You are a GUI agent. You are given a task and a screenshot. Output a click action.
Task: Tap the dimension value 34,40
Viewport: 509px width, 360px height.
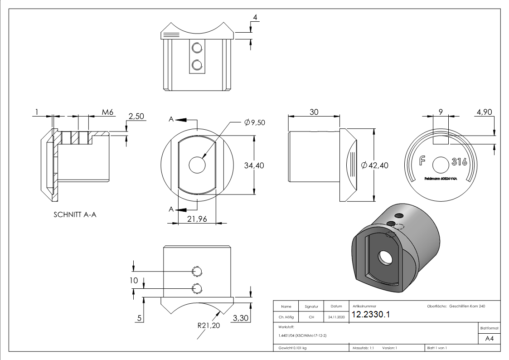pyautogui.click(x=254, y=165)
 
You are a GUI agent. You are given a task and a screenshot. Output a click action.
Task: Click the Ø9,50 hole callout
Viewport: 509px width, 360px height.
pyautogui.click(x=254, y=122)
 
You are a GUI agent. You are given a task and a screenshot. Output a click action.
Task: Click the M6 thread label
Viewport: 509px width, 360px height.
pyautogui.click(x=107, y=112)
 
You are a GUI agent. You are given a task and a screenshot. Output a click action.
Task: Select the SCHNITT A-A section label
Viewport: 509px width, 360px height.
pyautogui.click(x=75, y=215)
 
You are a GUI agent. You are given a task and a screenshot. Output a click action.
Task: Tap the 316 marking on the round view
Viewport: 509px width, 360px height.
pyautogui.click(x=459, y=162)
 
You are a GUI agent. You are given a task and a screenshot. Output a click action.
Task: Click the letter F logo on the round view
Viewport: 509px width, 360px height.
pyautogui.click(x=422, y=161)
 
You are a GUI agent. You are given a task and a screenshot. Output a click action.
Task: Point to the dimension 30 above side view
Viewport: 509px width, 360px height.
pyautogui.click(x=314, y=112)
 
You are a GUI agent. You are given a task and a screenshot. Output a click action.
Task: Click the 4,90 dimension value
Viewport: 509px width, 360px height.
pyautogui.click(x=484, y=112)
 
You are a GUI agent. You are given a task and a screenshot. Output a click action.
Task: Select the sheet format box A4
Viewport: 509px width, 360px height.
pyautogui.click(x=489, y=338)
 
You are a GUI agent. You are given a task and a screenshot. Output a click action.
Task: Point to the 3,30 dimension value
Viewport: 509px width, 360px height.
pyautogui.click(x=240, y=318)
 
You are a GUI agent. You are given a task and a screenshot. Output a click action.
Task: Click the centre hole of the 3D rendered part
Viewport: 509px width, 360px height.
pyautogui.click(x=385, y=258)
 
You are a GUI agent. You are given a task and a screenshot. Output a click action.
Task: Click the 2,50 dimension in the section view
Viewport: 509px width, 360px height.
pyautogui.click(x=136, y=117)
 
